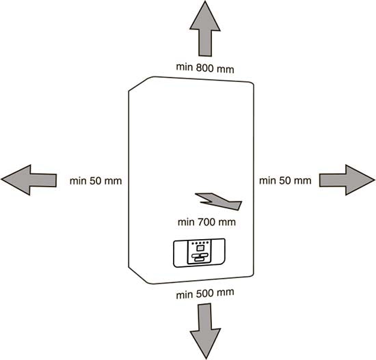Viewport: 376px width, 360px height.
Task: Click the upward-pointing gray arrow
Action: (205, 29)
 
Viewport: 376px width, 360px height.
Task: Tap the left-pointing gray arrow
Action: (29, 180)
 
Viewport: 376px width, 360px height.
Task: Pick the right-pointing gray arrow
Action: (347, 180)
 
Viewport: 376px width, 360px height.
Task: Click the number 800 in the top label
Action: (204, 68)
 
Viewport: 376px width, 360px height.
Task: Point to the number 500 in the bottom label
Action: (204, 294)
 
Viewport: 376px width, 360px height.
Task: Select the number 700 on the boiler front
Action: (206, 222)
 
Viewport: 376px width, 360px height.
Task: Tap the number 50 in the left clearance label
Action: (95, 181)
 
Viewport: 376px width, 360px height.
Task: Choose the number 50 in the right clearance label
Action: (284, 180)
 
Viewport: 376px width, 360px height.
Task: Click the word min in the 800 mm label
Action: (185, 67)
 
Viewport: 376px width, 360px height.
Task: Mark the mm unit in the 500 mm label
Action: (225, 293)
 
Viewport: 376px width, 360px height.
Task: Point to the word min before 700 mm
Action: (186, 223)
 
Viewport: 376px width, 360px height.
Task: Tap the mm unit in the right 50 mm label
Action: (302, 181)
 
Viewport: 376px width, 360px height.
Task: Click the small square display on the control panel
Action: (199, 248)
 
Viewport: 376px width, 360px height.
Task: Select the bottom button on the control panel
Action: (199, 260)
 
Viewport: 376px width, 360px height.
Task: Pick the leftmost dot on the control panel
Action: (193, 243)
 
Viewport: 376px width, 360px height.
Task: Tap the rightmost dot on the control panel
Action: (207, 243)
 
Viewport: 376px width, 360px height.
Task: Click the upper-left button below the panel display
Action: (196, 256)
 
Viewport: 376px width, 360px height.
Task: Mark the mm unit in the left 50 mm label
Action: (113, 181)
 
